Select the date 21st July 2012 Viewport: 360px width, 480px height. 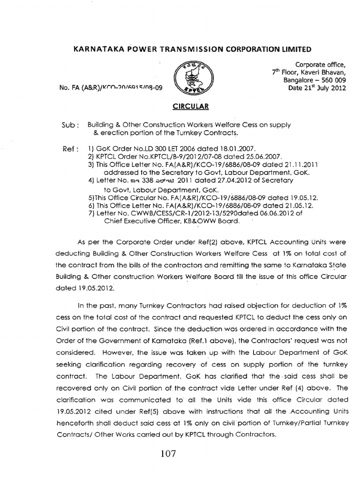click(x=319, y=87)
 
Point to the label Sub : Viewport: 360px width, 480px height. click(x=71, y=125)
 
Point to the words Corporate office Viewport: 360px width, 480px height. click(x=320, y=64)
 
